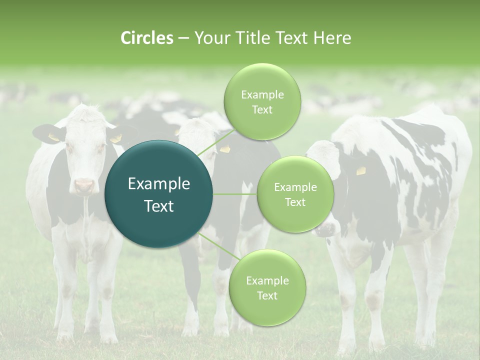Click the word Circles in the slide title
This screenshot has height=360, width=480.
146,38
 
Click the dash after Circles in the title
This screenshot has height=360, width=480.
183,38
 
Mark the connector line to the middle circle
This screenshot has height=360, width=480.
235,194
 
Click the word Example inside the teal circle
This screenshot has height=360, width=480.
159,184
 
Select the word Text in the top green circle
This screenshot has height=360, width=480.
262,110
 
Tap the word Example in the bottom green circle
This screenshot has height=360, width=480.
267,280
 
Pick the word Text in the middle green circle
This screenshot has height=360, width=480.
295,202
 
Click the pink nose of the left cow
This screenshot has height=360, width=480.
84,186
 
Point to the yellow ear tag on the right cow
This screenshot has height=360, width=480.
361,171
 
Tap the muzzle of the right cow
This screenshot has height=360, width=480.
324,229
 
